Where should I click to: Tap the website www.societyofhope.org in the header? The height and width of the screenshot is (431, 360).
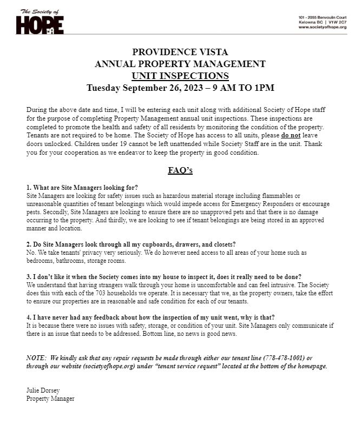pyautogui.click(x=322, y=27)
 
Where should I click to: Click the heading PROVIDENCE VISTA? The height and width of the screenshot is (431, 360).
pyautogui.click(x=180, y=52)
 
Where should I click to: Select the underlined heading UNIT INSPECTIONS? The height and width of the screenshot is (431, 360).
pyautogui.click(x=180, y=76)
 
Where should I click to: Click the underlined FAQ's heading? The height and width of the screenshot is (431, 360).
pyautogui.click(x=180, y=170)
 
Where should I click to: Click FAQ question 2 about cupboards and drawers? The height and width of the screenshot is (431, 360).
pyautogui.click(x=131, y=245)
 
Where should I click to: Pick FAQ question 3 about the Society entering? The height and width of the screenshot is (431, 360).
pyautogui.click(x=163, y=276)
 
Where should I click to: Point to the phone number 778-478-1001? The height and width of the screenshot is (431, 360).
pyautogui.click(x=284, y=358)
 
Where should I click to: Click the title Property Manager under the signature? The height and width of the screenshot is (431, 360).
pyautogui.click(x=50, y=399)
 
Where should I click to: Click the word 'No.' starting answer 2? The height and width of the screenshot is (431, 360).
pyautogui.click(x=31, y=253)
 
